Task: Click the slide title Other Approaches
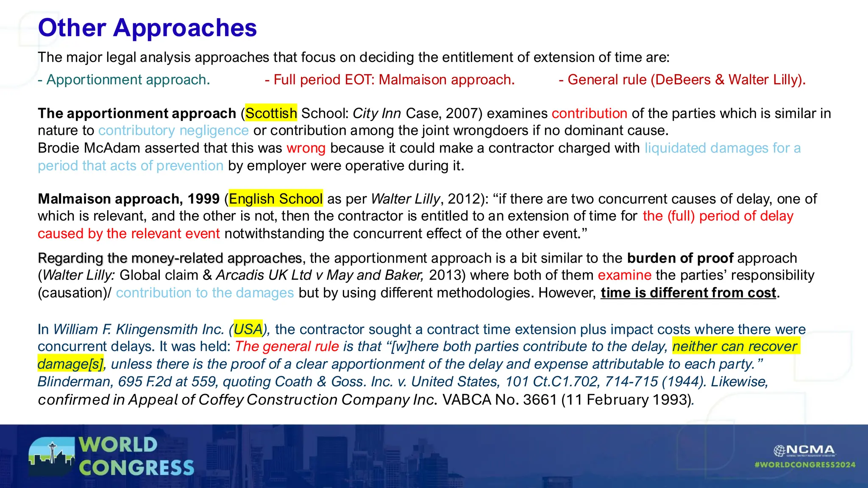click(147, 28)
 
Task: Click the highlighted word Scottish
click(271, 114)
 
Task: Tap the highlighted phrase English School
click(275, 199)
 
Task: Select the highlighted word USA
click(248, 329)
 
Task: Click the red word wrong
click(306, 148)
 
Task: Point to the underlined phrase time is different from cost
click(688, 293)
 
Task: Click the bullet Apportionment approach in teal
click(124, 80)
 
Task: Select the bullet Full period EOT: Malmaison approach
click(389, 80)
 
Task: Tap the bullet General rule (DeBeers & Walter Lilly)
click(682, 80)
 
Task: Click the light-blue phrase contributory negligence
click(173, 130)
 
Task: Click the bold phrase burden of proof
click(680, 258)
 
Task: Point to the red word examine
click(624, 275)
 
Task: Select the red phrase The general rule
click(287, 347)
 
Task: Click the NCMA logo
click(804, 450)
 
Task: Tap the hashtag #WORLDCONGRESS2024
click(804, 465)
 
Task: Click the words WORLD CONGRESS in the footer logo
click(136, 456)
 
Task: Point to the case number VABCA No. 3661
click(499, 399)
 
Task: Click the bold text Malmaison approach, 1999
click(128, 199)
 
